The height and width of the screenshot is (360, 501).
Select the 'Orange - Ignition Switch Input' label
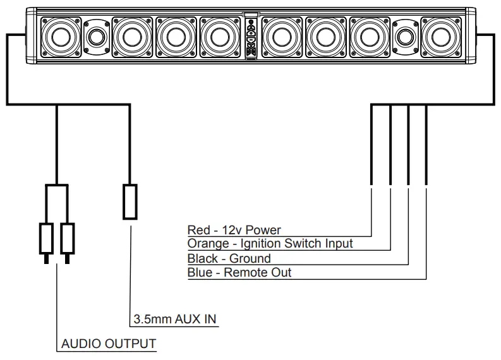(270, 244)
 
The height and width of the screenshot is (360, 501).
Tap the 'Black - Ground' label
(229, 258)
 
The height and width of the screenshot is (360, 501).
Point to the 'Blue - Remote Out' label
(239, 273)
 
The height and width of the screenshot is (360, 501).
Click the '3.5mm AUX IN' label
(174, 320)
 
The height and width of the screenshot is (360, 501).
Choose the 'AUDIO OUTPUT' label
(108, 344)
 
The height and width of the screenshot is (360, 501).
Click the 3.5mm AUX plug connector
(130, 201)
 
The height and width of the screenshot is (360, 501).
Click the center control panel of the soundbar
(251, 38)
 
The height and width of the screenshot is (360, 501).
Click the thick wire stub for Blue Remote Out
(426, 145)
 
